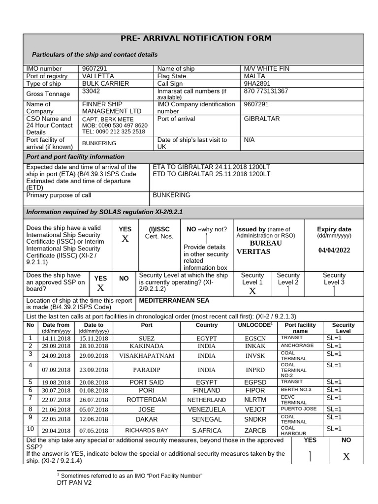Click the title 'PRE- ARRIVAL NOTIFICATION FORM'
click(x=196, y=39)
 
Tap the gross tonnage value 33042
click(x=91, y=91)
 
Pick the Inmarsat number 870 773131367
click(x=266, y=91)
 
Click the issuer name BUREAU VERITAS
click(x=259, y=248)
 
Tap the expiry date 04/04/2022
click(x=334, y=250)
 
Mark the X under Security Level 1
click(x=252, y=291)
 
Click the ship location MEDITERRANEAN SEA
click(x=174, y=300)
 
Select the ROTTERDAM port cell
click(x=147, y=400)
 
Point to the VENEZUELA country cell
click(x=207, y=409)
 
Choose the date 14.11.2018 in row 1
click(x=56, y=339)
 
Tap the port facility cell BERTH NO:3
click(x=296, y=390)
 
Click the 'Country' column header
click(x=207, y=325)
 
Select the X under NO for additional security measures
click(x=346, y=457)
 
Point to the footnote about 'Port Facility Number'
click(x=130, y=475)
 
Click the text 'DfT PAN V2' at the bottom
click(x=74, y=483)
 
